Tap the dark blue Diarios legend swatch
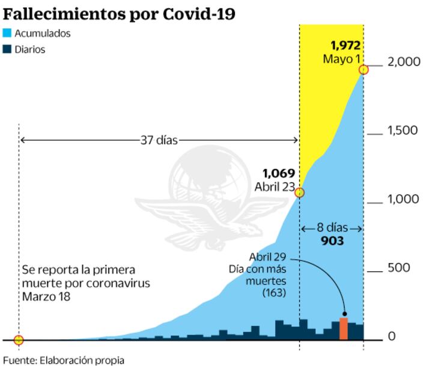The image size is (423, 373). point(7,50)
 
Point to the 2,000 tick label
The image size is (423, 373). point(400,63)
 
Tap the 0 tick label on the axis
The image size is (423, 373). point(392,336)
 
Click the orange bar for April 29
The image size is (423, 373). point(344,328)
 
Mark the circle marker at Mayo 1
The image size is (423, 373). point(363,70)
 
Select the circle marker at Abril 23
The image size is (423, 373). point(299,193)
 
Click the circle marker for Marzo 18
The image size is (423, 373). point(19,340)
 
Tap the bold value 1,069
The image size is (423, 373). point(278,173)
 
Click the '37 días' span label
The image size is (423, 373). point(159,140)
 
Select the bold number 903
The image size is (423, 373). point(332,241)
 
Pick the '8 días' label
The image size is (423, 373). point(332,228)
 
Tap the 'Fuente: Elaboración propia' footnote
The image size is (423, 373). point(64,361)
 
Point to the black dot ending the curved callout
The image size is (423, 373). point(345,313)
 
